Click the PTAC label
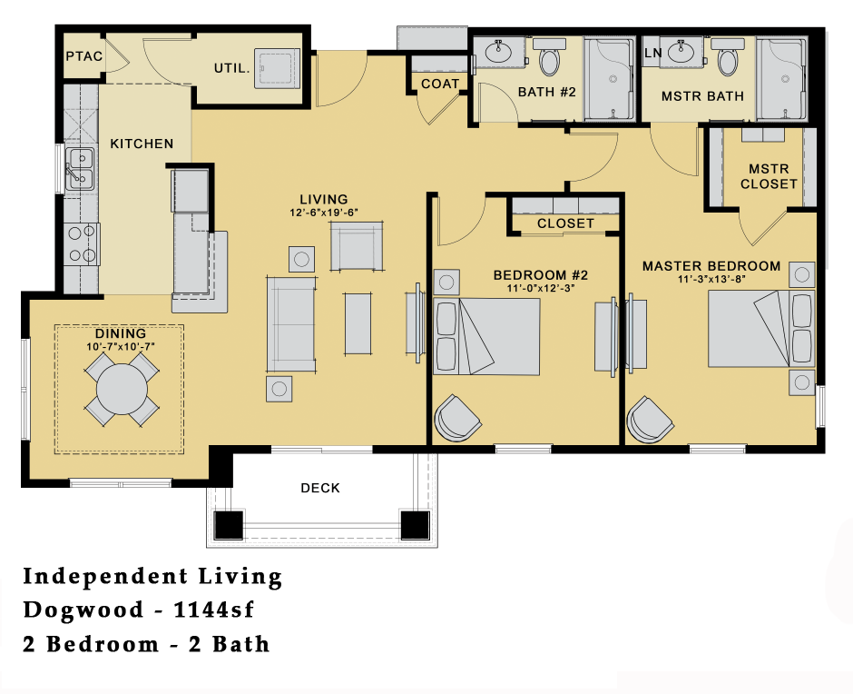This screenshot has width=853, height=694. click(83, 56)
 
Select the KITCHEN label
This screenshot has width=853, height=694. click(142, 144)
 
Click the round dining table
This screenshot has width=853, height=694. click(122, 389)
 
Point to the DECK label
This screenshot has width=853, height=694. click(320, 489)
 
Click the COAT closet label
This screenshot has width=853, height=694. click(440, 84)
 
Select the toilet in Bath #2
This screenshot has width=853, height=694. click(549, 61)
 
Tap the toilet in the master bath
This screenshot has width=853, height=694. click(727, 61)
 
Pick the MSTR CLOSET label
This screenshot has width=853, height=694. click(768, 176)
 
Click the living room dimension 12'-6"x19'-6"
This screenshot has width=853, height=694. click(324, 213)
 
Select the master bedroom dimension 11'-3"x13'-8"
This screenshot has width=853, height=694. click(711, 280)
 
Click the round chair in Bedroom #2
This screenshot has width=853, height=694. click(456, 417)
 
